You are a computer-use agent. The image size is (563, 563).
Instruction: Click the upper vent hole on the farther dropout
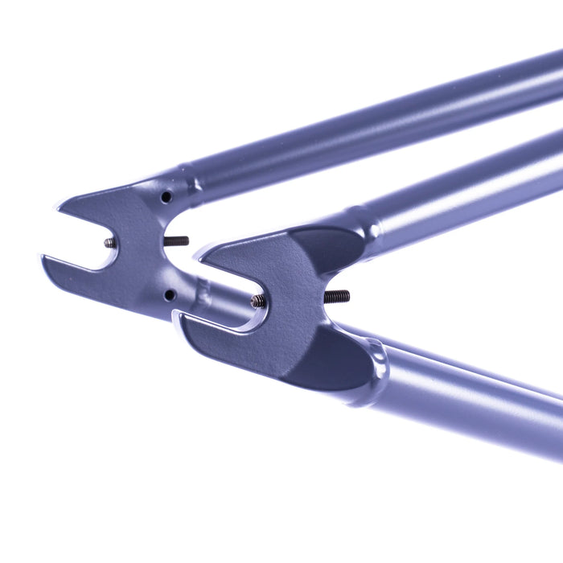pyautogui.click(x=166, y=197)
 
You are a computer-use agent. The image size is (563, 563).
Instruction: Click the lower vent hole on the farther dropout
pyautogui.click(x=169, y=295)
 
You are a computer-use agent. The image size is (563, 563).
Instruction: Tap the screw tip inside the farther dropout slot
pyautogui.click(x=109, y=243)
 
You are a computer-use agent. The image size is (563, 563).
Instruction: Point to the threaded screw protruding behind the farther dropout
pyautogui.click(x=176, y=240)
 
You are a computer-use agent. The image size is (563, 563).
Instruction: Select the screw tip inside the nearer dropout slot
pyautogui.click(x=258, y=302)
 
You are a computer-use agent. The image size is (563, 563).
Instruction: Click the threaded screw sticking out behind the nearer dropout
pyautogui.click(x=337, y=297)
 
